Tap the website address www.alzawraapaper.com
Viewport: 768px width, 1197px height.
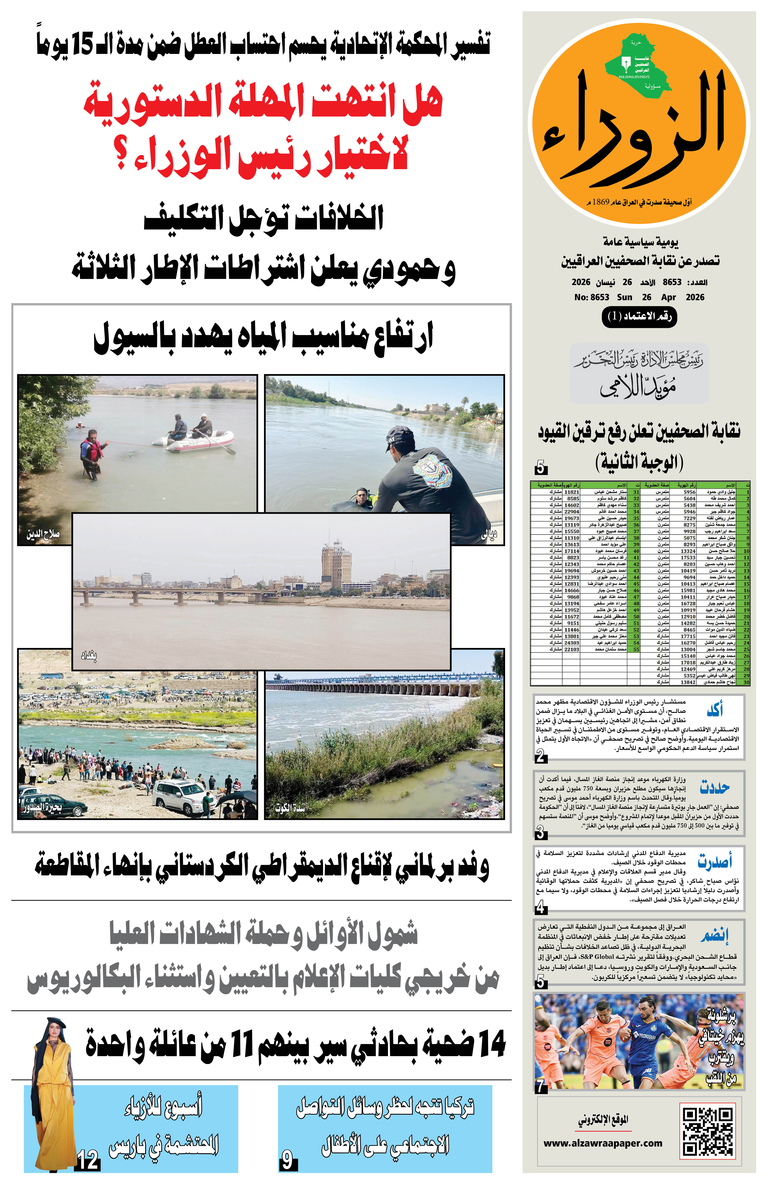coord(603,1143)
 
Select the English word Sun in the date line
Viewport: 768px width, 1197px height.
coord(624,297)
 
